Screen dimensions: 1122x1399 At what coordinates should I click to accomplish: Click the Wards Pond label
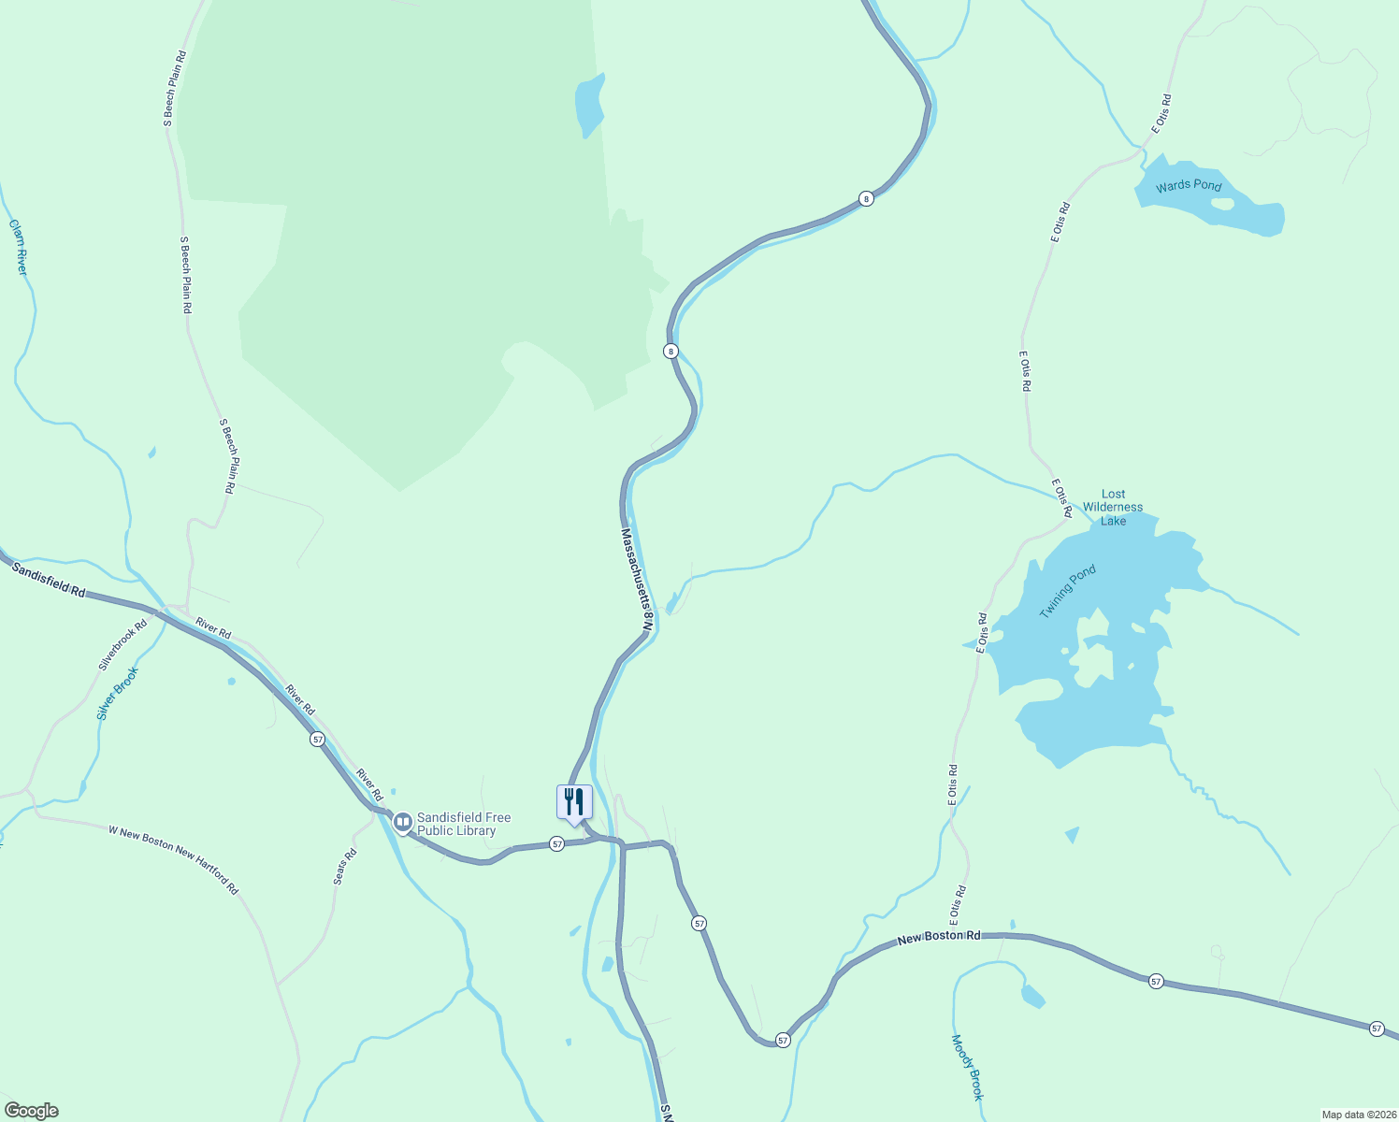(x=1188, y=185)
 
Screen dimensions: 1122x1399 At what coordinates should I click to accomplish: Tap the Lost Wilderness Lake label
(x=1113, y=507)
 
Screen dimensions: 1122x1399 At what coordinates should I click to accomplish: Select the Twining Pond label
(x=1067, y=591)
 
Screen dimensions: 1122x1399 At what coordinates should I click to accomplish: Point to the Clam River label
(x=18, y=247)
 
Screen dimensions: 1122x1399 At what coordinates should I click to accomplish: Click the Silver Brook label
(x=117, y=693)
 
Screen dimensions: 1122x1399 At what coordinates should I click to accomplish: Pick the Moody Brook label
(x=968, y=1067)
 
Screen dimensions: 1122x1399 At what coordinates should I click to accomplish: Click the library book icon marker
(x=403, y=823)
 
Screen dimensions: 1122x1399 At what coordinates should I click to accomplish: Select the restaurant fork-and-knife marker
(x=574, y=801)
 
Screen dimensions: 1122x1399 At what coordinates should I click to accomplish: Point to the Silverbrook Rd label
(x=123, y=645)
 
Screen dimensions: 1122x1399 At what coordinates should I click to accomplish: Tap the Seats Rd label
(x=345, y=867)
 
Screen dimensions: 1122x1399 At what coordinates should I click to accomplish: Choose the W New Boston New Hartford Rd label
(x=173, y=859)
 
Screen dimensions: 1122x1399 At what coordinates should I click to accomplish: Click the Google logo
(x=31, y=1111)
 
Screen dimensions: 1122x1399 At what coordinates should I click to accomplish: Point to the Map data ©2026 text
(x=1358, y=1115)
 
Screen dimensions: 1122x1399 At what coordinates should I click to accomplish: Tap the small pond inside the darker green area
(x=589, y=105)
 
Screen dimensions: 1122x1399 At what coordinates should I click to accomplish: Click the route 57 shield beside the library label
(x=556, y=843)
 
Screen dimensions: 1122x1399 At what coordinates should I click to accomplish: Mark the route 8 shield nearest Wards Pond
(x=866, y=198)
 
